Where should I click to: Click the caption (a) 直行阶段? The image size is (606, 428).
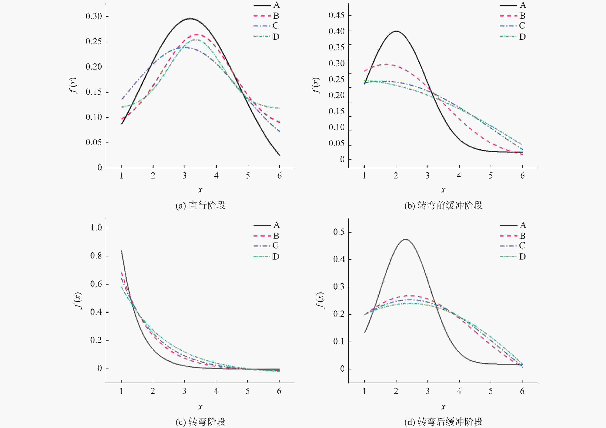click(201, 205)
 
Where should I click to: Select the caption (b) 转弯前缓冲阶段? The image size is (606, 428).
click(443, 205)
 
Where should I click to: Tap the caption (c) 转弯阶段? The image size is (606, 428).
click(201, 422)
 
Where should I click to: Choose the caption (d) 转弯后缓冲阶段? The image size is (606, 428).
click(443, 422)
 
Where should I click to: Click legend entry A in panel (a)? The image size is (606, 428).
click(267, 5)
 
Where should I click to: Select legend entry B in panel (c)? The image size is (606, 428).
click(266, 236)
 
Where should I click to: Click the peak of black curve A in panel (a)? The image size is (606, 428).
click(190, 18)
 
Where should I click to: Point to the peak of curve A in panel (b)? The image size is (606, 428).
click(396, 31)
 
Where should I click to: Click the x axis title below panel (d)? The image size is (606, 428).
click(443, 407)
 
